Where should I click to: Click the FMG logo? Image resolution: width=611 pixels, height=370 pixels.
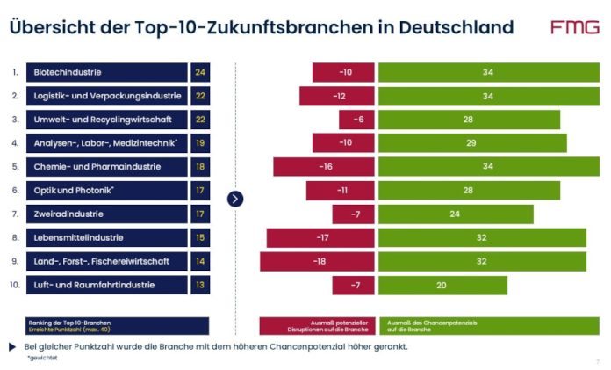[x=575, y=27]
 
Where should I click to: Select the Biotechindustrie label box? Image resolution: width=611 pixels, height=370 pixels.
[x=106, y=72]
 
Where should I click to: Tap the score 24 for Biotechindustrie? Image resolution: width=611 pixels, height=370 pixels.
[x=200, y=72]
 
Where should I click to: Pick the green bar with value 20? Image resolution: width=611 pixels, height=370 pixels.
[x=442, y=285]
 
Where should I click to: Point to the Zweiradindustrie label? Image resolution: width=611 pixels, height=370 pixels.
[x=106, y=214]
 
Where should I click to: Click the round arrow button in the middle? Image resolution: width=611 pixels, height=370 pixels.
[x=235, y=199]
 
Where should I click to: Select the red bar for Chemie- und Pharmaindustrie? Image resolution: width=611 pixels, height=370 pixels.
[x=324, y=166]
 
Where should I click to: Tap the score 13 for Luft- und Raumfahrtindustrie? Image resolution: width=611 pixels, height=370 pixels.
[x=200, y=285]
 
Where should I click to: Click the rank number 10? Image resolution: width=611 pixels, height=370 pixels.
[x=15, y=285]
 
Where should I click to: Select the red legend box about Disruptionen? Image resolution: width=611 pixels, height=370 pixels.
[x=317, y=325]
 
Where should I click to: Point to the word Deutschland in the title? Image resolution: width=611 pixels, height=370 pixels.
[x=456, y=27]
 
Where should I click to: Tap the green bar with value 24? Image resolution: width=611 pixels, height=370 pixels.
[x=455, y=214]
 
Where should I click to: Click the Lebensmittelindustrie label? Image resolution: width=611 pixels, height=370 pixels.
[x=106, y=237]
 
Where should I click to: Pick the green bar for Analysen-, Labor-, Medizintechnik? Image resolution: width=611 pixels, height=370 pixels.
[x=471, y=142]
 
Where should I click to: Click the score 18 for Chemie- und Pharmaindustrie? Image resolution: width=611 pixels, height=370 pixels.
[x=200, y=166]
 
